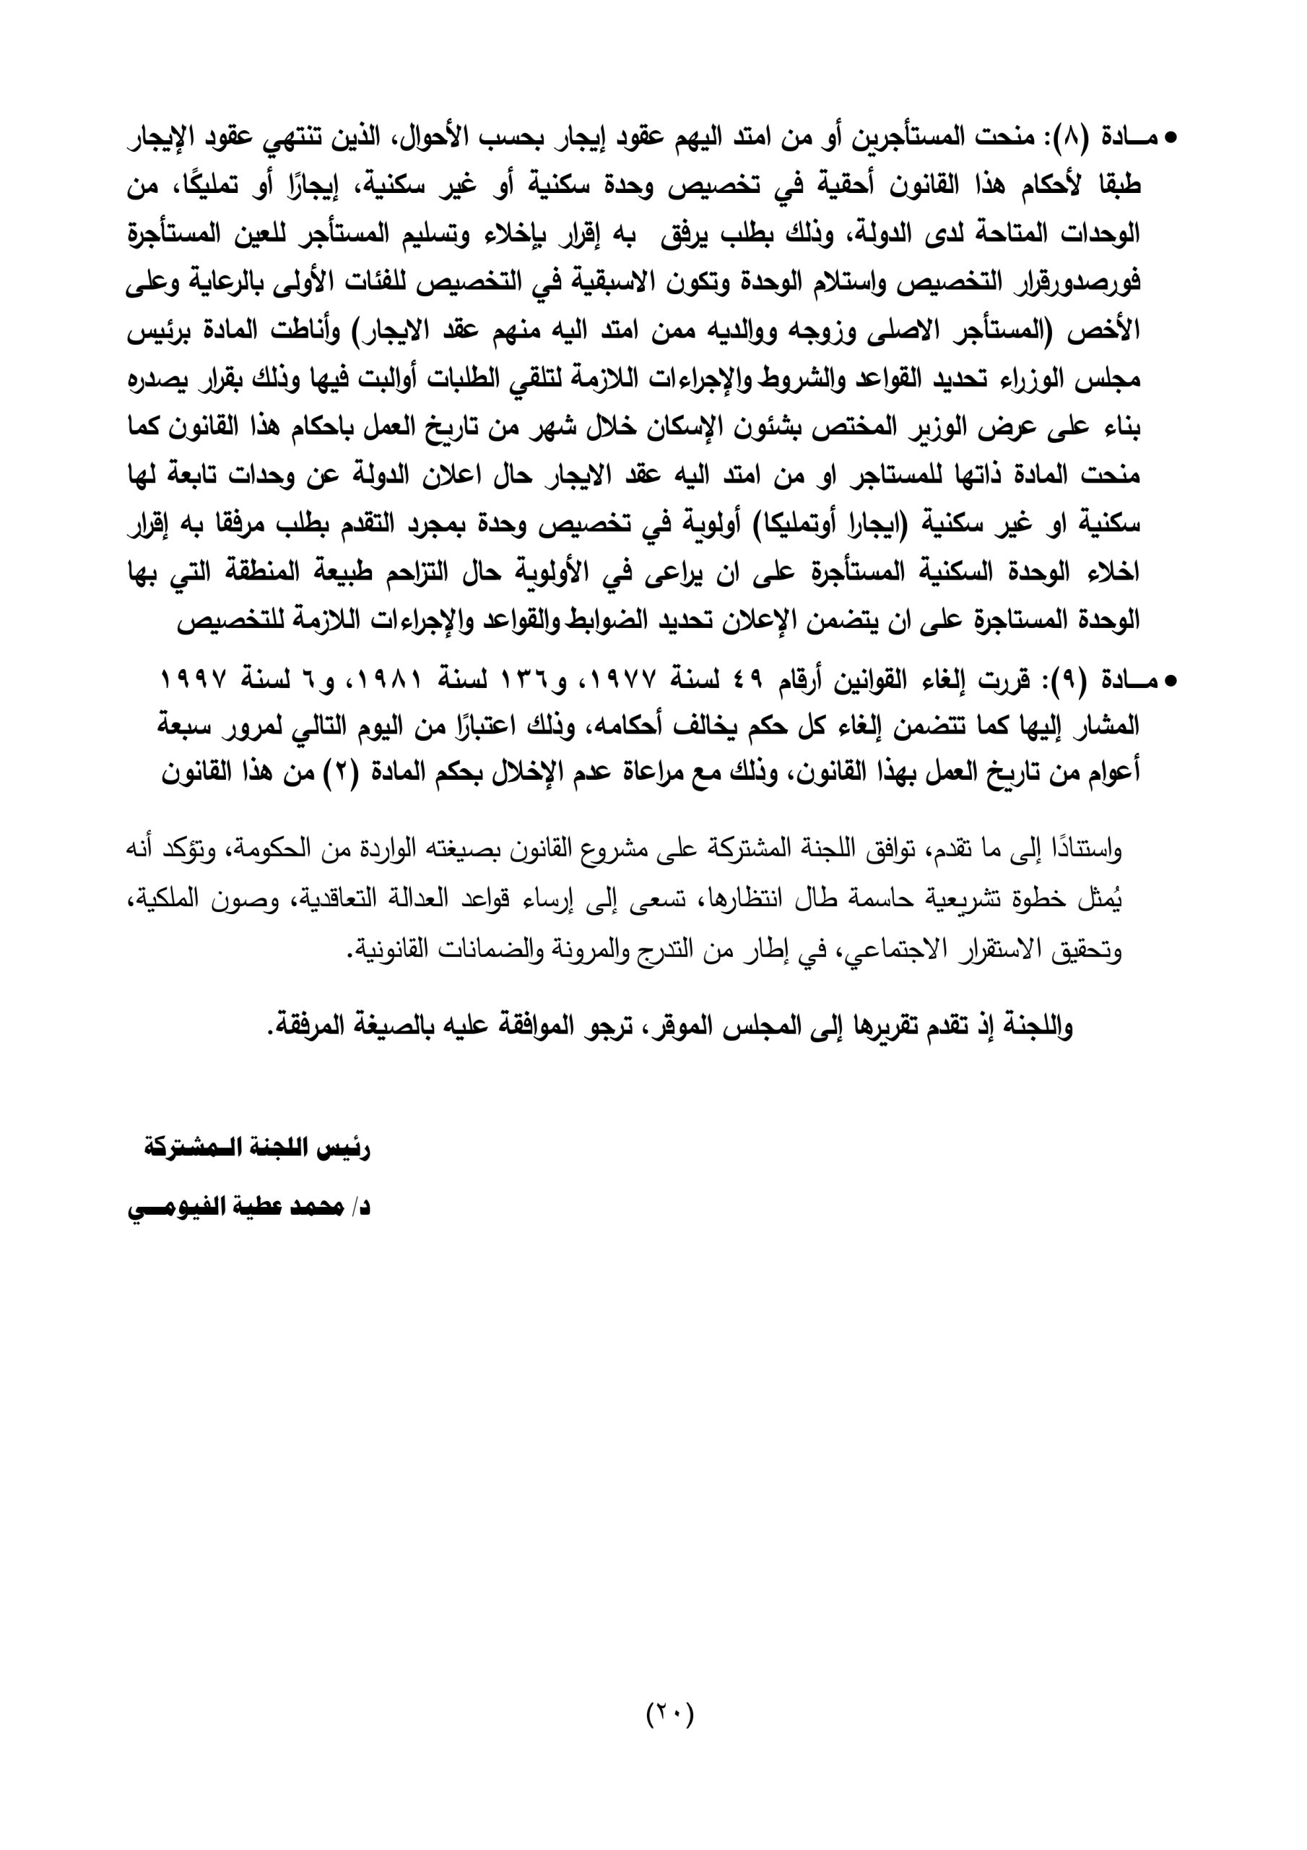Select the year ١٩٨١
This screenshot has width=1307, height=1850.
pos(391,681)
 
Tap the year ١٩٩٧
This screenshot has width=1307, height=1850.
pos(193,681)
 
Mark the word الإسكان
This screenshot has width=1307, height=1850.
pos(664,427)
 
